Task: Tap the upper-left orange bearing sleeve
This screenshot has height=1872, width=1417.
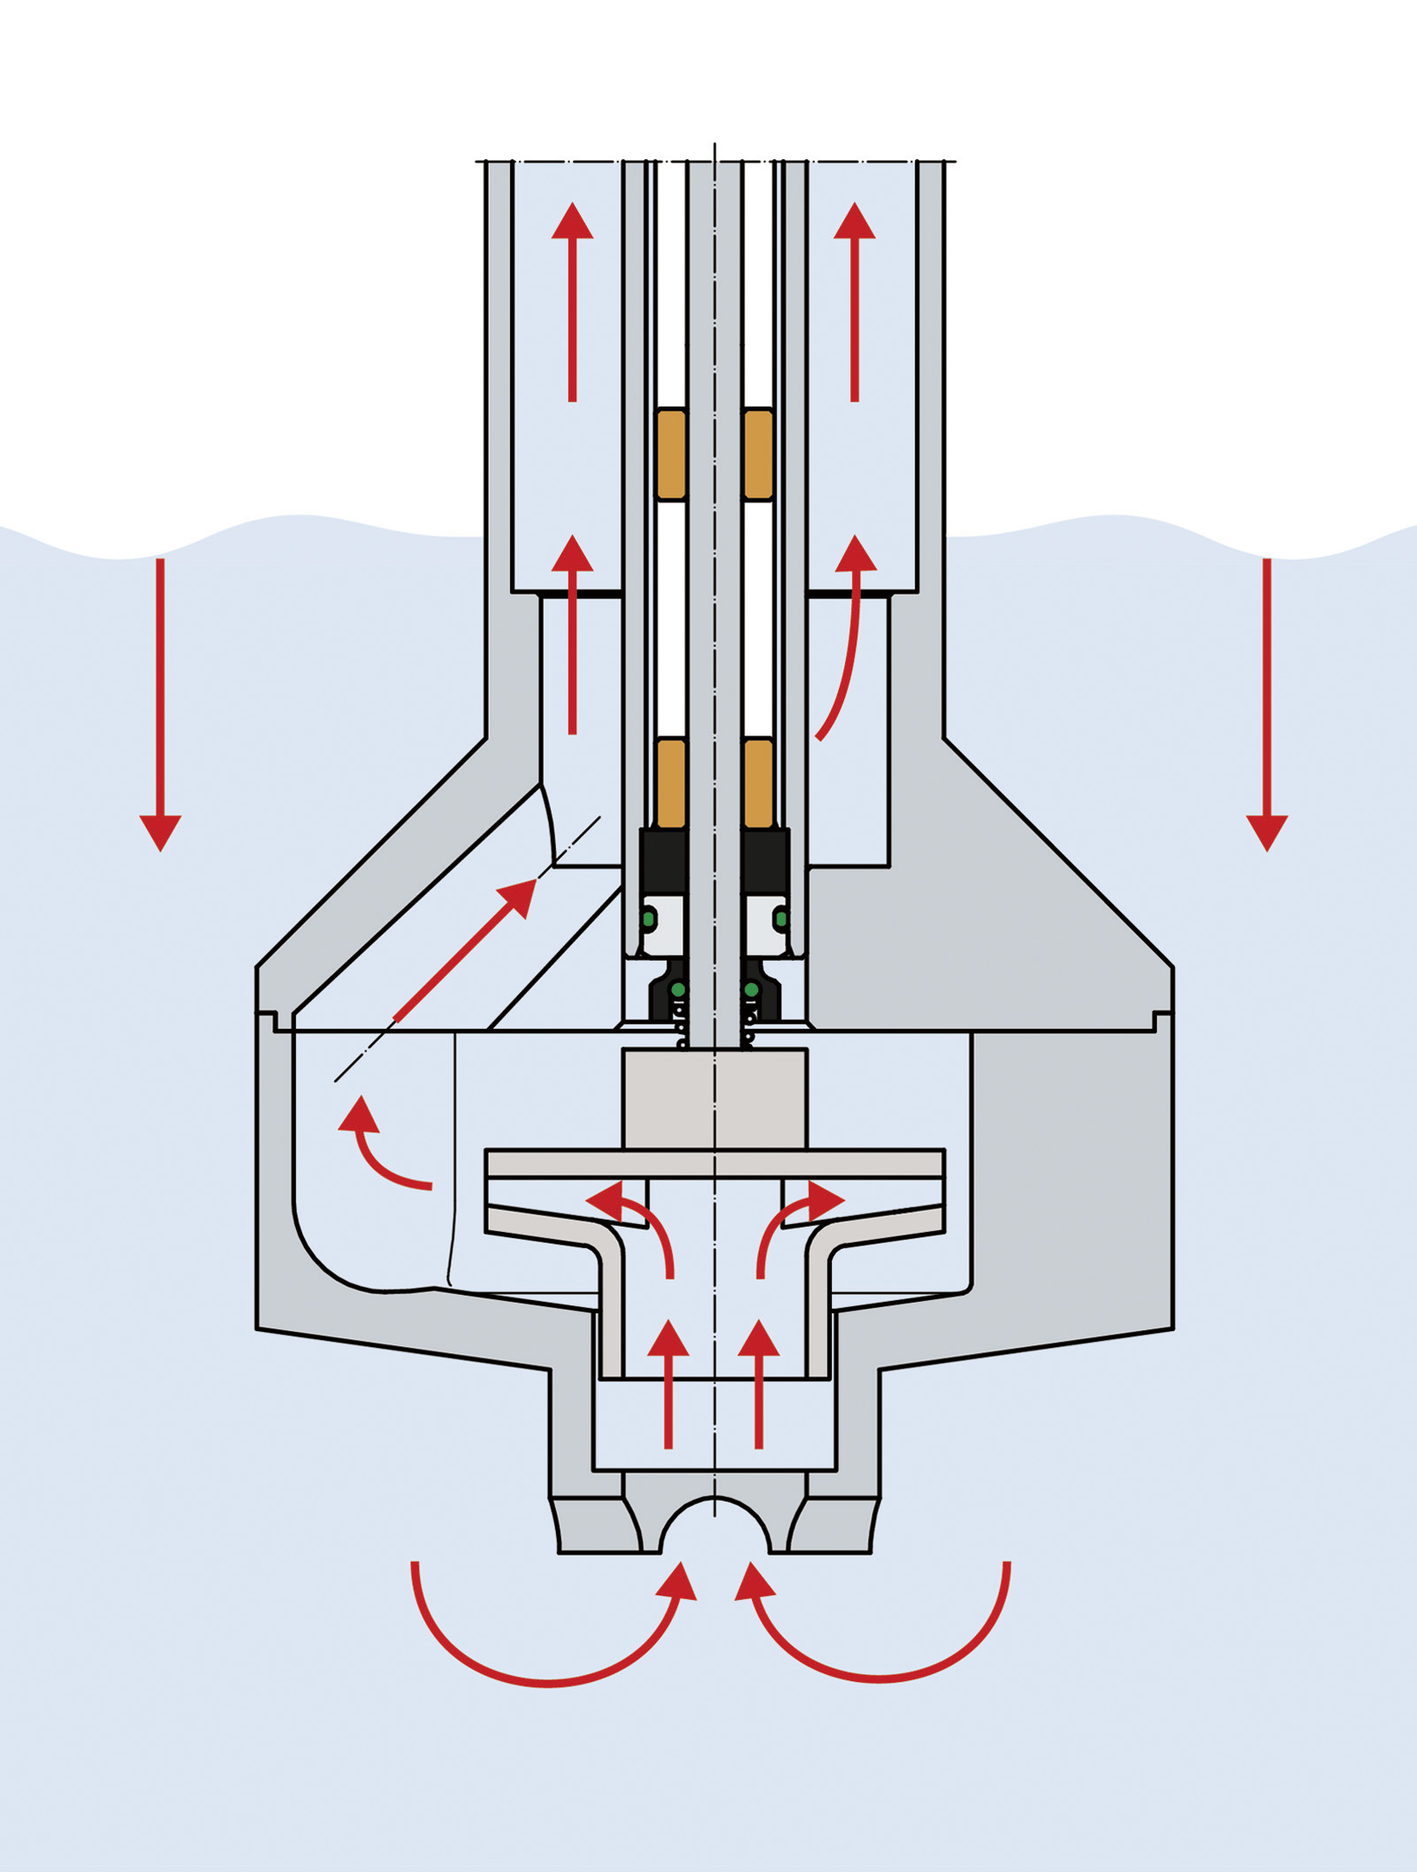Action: (x=672, y=454)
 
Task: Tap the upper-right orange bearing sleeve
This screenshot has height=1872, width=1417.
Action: (x=758, y=454)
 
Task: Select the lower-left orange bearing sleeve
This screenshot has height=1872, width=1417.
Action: (x=672, y=782)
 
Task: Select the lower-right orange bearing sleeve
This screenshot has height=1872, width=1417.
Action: (x=758, y=782)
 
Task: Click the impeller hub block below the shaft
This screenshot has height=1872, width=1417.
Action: (x=714, y=1099)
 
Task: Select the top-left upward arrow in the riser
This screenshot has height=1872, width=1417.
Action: (x=573, y=301)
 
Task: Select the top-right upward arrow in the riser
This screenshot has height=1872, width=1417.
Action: (x=855, y=301)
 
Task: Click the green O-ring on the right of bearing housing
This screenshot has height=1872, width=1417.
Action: (x=781, y=919)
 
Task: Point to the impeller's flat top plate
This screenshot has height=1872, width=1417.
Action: (x=714, y=1163)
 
